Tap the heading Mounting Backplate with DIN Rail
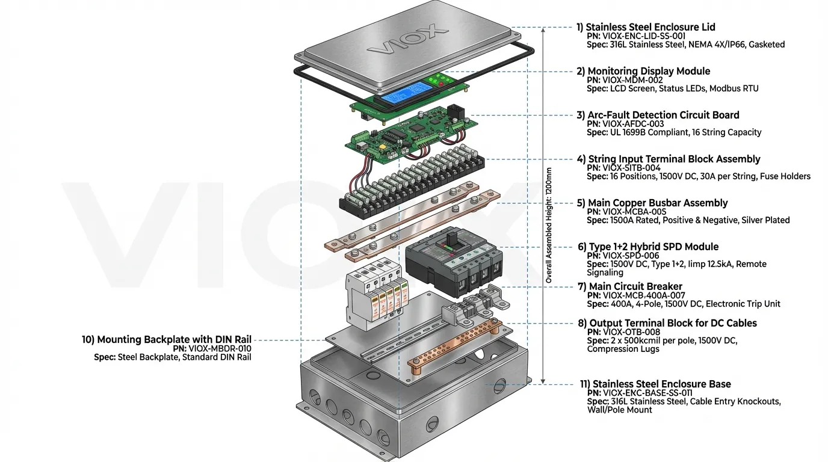pos(167,340)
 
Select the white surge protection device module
pos(373,295)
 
